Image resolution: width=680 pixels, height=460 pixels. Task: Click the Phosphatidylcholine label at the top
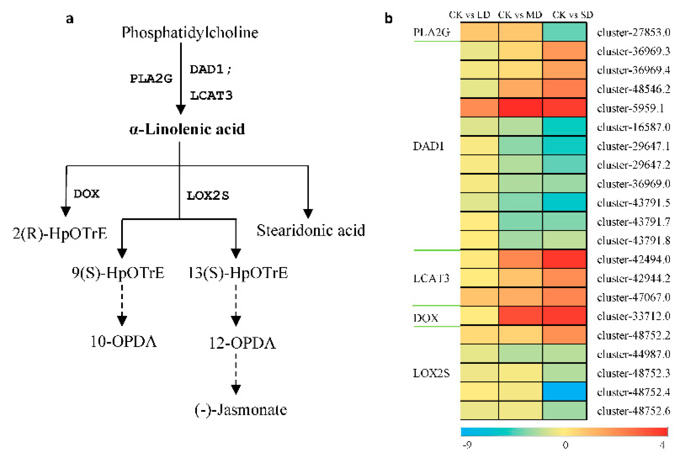(x=190, y=33)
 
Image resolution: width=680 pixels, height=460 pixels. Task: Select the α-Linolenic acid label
(x=187, y=129)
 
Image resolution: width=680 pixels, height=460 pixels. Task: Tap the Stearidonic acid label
(x=311, y=231)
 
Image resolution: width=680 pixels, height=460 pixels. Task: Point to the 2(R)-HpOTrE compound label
(x=59, y=233)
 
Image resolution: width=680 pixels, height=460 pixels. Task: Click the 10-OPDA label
(x=123, y=342)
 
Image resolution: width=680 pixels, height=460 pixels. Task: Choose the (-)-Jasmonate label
(x=241, y=410)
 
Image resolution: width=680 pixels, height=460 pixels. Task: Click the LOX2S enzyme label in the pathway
(x=208, y=195)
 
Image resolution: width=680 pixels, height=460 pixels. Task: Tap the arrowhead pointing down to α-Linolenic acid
(x=181, y=109)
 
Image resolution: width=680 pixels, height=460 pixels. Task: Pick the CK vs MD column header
(x=520, y=15)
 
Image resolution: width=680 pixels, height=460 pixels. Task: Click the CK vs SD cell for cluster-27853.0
(x=564, y=32)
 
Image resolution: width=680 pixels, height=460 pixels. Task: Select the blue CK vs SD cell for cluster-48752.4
(x=564, y=392)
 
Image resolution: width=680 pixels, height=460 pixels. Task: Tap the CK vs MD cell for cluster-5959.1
(x=520, y=108)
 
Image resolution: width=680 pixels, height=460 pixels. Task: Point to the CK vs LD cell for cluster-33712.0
(x=479, y=316)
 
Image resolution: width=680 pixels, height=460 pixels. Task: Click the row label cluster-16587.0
(x=633, y=127)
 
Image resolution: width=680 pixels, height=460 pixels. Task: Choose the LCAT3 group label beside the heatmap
(x=431, y=278)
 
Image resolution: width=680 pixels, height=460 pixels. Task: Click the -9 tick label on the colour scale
(x=467, y=445)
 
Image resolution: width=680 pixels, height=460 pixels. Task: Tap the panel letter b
(x=388, y=18)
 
